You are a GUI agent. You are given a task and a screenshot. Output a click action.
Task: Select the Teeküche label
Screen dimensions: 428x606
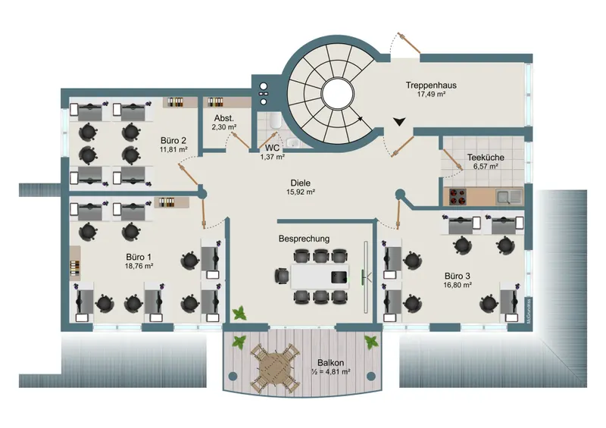(x=485, y=158)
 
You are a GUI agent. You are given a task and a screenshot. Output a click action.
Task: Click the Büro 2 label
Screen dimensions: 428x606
(x=173, y=140)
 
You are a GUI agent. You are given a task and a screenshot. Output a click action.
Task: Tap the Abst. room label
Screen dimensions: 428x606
(x=223, y=118)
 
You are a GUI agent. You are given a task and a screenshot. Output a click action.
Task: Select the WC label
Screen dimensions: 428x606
(x=272, y=148)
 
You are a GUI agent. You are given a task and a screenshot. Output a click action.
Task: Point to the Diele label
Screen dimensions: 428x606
(x=301, y=183)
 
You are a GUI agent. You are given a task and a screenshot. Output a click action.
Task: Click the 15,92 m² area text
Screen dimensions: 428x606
(x=301, y=192)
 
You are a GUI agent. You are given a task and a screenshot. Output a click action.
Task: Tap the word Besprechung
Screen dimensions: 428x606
(x=304, y=239)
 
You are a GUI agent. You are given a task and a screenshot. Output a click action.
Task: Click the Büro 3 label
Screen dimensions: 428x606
(x=458, y=276)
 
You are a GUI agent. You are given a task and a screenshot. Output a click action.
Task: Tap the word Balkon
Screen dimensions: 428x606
(x=330, y=362)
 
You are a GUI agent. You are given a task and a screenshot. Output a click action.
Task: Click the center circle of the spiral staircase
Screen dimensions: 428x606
(x=336, y=93)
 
